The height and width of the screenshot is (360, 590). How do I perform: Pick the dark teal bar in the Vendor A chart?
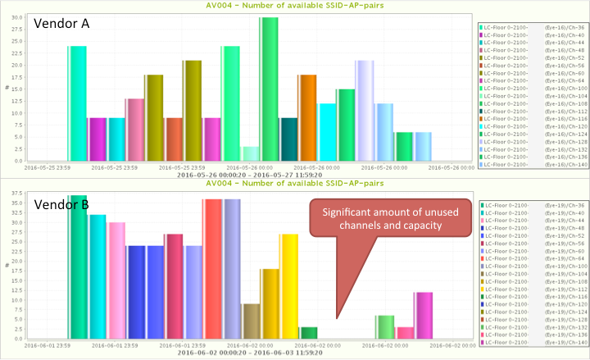coord(288,139)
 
